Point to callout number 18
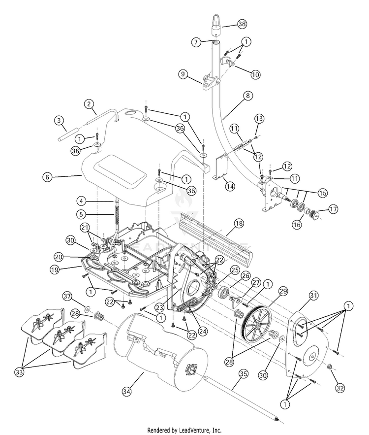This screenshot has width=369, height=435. point(239,224)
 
